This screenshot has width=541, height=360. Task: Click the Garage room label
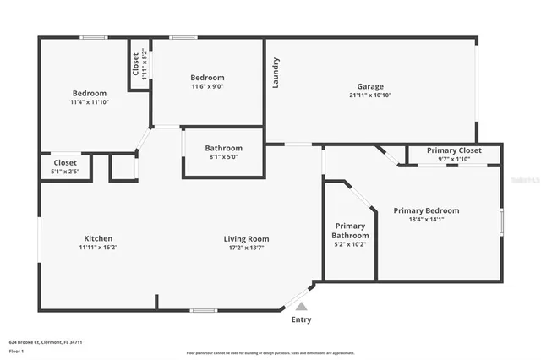point(369,86)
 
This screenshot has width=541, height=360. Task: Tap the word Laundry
point(276,72)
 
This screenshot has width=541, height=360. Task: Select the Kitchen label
point(98,238)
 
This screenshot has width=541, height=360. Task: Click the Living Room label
point(246,238)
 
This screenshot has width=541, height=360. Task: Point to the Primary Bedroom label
point(426,210)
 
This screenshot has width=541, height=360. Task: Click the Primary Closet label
point(454,150)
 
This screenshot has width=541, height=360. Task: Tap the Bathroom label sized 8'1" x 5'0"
point(223,148)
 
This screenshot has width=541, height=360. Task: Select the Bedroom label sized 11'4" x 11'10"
point(89,93)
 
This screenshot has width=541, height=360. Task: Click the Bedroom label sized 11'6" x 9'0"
point(207,78)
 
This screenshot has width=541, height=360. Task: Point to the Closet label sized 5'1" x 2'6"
point(65,162)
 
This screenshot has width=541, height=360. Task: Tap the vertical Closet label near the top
point(135,64)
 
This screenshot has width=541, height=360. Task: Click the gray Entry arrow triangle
point(301,307)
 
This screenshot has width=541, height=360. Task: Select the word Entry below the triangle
point(301,320)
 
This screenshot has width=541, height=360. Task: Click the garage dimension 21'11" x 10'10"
point(369,95)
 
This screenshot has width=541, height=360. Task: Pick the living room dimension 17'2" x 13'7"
point(246,248)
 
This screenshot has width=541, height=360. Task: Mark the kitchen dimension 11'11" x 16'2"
point(98,248)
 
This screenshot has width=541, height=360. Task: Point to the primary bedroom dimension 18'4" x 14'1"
point(426,220)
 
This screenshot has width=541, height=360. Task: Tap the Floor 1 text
point(16,351)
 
